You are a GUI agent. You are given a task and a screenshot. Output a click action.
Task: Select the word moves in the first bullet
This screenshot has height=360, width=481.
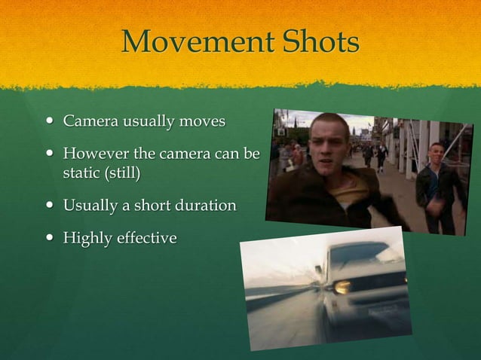click(201, 121)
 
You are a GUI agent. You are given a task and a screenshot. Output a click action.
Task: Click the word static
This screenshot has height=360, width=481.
click(81, 173)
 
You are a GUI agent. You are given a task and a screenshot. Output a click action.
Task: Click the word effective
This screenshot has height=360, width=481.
click(147, 238)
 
